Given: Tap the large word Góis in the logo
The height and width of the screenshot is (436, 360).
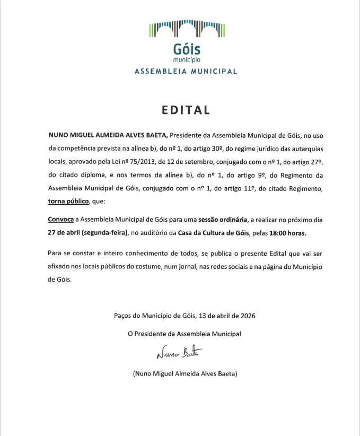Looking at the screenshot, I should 187,49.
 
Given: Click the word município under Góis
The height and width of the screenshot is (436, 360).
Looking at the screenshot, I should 187,59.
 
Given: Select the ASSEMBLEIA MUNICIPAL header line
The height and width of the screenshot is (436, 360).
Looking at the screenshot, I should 186,71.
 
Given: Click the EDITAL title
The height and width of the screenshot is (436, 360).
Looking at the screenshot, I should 186,110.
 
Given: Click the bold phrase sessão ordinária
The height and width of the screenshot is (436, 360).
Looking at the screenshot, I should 225,219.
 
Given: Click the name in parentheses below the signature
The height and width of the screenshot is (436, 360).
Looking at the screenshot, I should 185,374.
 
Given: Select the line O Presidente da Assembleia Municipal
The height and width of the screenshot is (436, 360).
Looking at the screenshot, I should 185,334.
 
